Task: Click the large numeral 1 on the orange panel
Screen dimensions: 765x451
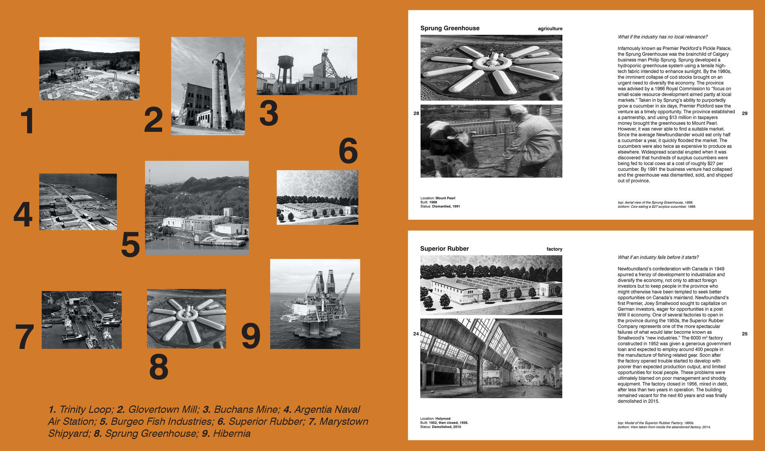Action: pos(28,121)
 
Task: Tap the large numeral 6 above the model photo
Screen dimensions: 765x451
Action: pos(348,150)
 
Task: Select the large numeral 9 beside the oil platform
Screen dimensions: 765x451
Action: pos(251,336)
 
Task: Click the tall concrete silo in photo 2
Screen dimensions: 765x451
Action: pos(221,90)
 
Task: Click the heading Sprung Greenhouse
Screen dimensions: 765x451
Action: pos(450,28)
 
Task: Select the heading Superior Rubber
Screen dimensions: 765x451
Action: pos(444,249)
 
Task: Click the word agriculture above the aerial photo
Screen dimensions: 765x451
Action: pos(550,29)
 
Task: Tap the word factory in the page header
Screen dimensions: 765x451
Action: pos(554,249)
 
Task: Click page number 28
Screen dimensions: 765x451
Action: pos(416,113)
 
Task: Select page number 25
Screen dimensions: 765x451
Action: pos(745,334)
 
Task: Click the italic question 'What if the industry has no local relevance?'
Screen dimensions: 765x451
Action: pos(662,37)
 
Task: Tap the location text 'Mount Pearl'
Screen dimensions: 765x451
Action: pos(445,198)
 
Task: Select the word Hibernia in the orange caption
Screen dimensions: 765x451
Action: pos(232,433)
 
